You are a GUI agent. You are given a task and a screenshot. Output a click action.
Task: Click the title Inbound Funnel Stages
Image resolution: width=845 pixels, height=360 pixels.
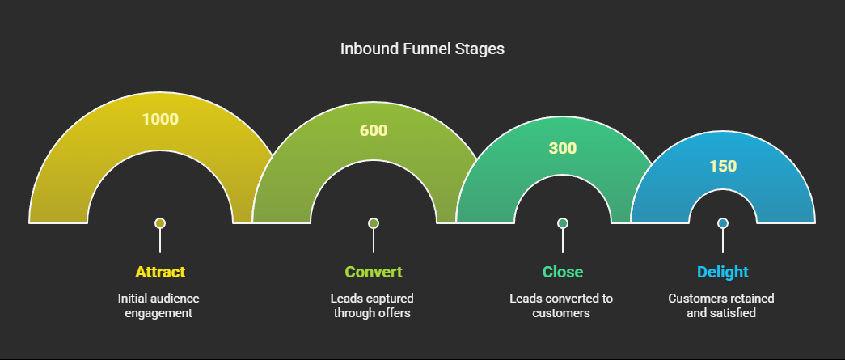click(x=422, y=49)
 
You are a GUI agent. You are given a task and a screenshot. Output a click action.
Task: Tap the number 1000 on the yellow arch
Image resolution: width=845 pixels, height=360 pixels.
click(x=160, y=119)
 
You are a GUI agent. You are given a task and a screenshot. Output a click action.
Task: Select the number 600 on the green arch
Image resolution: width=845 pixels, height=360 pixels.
click(x=374, y=130)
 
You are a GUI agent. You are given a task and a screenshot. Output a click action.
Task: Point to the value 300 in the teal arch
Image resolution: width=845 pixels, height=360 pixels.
click(x=563, y=148)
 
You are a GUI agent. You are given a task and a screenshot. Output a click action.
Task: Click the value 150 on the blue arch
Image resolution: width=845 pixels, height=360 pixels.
click(x=723, y=166)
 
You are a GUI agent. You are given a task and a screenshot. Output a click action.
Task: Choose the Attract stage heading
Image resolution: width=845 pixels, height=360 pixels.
click(x=160, y=272)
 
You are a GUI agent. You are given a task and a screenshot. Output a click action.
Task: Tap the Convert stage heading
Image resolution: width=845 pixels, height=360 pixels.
click(x=374, y=272)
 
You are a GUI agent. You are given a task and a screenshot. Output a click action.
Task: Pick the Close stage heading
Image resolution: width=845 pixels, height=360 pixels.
click(x=563, y=272)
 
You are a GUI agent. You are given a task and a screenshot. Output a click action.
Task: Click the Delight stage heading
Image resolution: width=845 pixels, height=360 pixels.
click(x=723, y=272)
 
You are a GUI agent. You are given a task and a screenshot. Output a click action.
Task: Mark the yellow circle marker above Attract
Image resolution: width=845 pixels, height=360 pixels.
click(x=160, y=223)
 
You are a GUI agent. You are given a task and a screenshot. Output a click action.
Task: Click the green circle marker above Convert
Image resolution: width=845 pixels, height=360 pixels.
click(x=374, y=223)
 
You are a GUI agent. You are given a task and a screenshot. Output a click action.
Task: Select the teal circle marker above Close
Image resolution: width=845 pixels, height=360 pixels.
click(x=563, y=223)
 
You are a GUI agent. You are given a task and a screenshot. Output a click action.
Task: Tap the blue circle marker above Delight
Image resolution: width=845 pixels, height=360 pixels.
click(x=723, y=223)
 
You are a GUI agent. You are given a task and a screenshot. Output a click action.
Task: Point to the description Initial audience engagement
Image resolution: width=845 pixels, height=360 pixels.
click(x=158, y=306)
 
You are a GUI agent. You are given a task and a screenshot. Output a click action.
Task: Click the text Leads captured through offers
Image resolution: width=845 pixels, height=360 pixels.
click(x=372, y=306)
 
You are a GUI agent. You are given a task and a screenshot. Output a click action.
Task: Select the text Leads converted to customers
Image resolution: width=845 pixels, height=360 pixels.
click(x=561, y=306)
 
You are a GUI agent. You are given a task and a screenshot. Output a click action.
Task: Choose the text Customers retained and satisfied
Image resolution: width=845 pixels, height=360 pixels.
click(x=721, y=306)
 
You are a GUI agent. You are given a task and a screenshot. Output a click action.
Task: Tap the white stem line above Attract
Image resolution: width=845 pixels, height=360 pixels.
click(x=160, y=240)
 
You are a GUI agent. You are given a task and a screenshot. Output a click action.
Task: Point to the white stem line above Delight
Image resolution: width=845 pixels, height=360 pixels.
click(x=723, y=240)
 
